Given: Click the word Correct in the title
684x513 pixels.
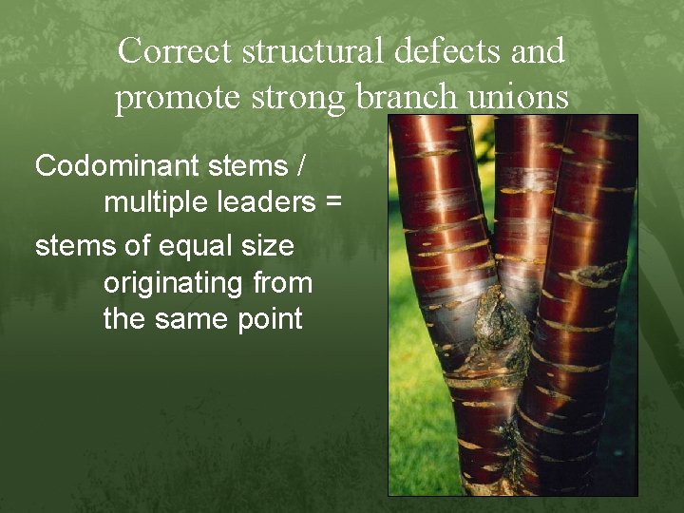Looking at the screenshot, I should [176, 50].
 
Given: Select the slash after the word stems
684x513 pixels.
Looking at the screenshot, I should [301, 165].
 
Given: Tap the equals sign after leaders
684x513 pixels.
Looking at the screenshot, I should [332, 202].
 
